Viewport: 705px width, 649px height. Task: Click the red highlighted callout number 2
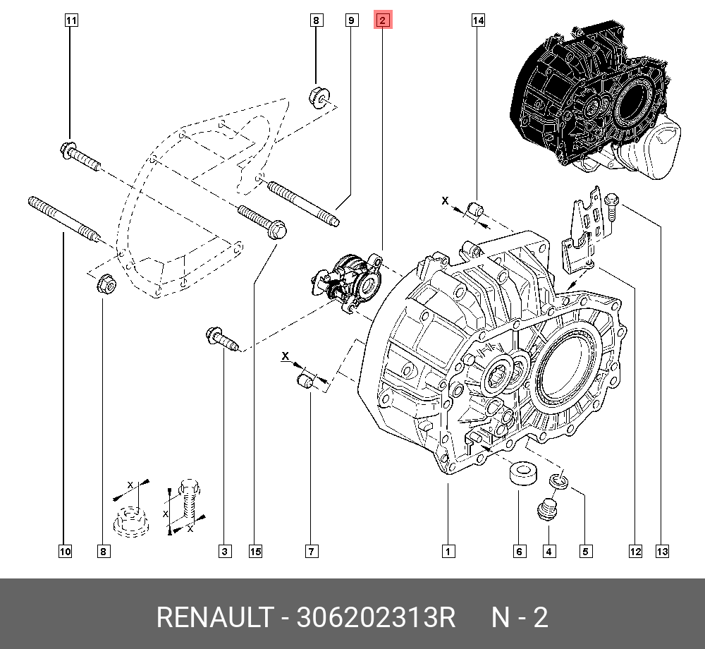[382, 21]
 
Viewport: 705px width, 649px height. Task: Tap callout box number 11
[70, 21]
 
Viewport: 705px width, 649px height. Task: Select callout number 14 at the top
[478, 21]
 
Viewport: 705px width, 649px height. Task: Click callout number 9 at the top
[350, 21]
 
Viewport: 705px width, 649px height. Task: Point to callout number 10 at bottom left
[65, 552]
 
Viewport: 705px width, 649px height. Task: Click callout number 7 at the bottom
[311, 552]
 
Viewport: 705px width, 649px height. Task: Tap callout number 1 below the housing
[448, 552]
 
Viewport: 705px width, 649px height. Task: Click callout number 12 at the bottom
[635, 552]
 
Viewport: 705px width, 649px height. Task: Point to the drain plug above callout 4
[547, 511]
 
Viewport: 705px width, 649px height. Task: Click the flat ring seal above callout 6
[520, 472]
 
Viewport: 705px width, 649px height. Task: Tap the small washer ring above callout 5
[558, 481]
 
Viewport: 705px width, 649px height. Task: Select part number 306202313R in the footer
[376, 618]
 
